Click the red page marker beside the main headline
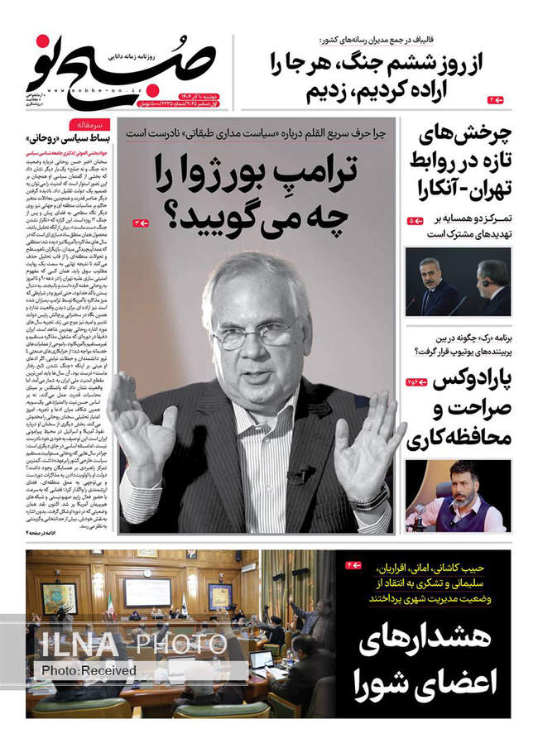click(x=141, y=223)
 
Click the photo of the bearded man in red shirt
click(x=458, y=496)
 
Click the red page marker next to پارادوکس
click(x=415, y=381)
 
